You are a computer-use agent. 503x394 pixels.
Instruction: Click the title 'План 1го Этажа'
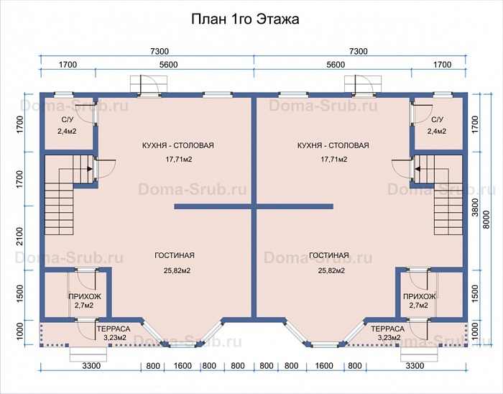coord(246,19)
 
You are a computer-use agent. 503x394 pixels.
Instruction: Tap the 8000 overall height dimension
coord(486,219)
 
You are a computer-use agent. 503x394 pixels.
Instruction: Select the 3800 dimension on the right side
coord(475,208)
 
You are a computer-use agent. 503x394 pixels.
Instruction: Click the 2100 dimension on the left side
coord(20,237)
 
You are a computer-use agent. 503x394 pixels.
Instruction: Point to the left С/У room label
coord(68,120)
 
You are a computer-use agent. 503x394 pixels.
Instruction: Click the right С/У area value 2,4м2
coord(437,132)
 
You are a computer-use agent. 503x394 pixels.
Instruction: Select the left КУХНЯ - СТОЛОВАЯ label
coord(178,145)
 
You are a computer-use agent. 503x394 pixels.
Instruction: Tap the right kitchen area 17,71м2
coord(334,159)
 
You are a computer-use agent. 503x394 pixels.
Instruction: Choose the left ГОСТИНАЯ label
coord(175,255)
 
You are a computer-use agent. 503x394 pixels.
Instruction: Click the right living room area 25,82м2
coord(331,270)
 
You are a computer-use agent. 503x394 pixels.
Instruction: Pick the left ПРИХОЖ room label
coord(85,296)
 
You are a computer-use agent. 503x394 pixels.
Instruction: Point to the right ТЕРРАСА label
coord(388,329)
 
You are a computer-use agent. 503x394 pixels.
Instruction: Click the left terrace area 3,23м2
coord(114,337)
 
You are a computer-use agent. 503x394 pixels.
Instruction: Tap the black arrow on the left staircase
coord(90,168)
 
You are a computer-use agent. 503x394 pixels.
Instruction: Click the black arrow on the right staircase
coord(417,168)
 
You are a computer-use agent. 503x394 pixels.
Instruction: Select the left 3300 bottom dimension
coord(91,366)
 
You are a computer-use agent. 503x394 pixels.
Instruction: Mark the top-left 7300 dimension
coord(160,51)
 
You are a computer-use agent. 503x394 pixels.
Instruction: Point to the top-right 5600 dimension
coord(336,65)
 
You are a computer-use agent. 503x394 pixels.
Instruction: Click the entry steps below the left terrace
coord(88,354)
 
